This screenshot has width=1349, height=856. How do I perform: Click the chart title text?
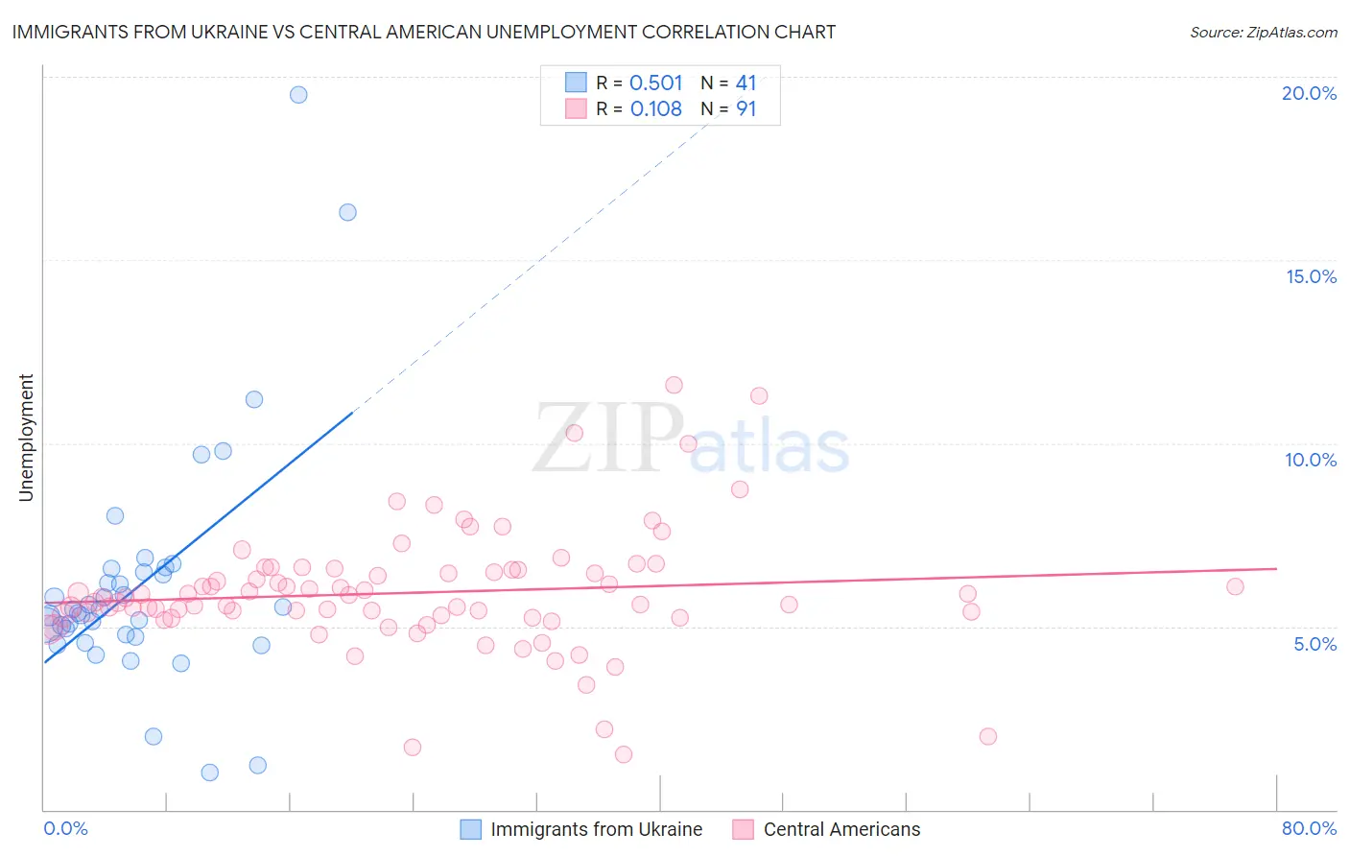point(423,32)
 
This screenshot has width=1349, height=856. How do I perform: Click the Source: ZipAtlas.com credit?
point(1263,32)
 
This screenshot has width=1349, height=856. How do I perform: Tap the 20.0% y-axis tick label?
point(1309,93)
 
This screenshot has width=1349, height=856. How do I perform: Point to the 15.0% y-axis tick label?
point(1311,276)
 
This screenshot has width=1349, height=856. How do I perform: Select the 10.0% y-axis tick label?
point(1311,460)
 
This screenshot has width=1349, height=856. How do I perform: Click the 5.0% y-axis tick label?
point(1314,644)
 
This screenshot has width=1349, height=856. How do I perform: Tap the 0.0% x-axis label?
point(65,828)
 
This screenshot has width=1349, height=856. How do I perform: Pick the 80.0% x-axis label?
point(1309,828)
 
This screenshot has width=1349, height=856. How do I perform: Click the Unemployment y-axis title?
point(26,438)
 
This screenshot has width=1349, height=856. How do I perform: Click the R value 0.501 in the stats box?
point(656,83)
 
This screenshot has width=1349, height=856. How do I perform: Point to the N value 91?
point(745,108)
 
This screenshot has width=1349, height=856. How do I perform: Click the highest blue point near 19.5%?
point(298,94)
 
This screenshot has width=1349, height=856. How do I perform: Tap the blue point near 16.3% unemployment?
point(347,212)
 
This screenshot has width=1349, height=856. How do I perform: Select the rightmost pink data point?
point(1235,586)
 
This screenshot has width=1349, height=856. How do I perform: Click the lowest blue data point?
point(209,773)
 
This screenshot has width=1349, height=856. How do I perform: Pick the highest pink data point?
point(674,385)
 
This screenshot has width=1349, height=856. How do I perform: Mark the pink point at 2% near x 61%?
point(987,736)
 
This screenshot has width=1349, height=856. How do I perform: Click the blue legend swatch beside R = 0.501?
point(576,83)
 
